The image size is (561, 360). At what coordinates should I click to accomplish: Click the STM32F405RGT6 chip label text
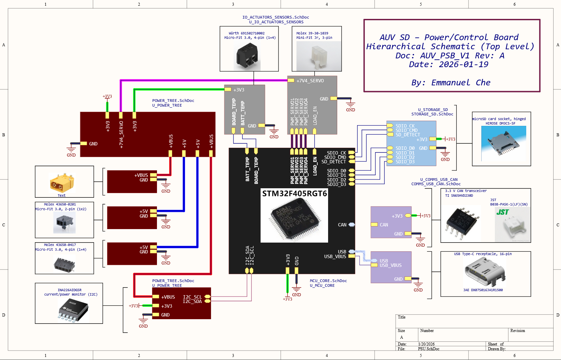tap(294, 194)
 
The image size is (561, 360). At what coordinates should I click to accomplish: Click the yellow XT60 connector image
tap(61, 183)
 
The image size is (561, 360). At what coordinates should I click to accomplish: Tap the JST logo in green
tap(502, 212)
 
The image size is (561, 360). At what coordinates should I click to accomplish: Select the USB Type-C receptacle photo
tap(485, 272)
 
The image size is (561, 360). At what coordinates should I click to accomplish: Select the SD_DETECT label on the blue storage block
tap(407, 135)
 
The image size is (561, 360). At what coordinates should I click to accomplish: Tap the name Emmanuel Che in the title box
tap(451, 83)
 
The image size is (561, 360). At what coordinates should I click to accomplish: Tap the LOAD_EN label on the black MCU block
tap(315, 166)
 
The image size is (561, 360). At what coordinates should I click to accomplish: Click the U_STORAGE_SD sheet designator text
tap(433, 110)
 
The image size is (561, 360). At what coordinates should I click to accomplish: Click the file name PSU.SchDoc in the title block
tap(428, 349)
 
